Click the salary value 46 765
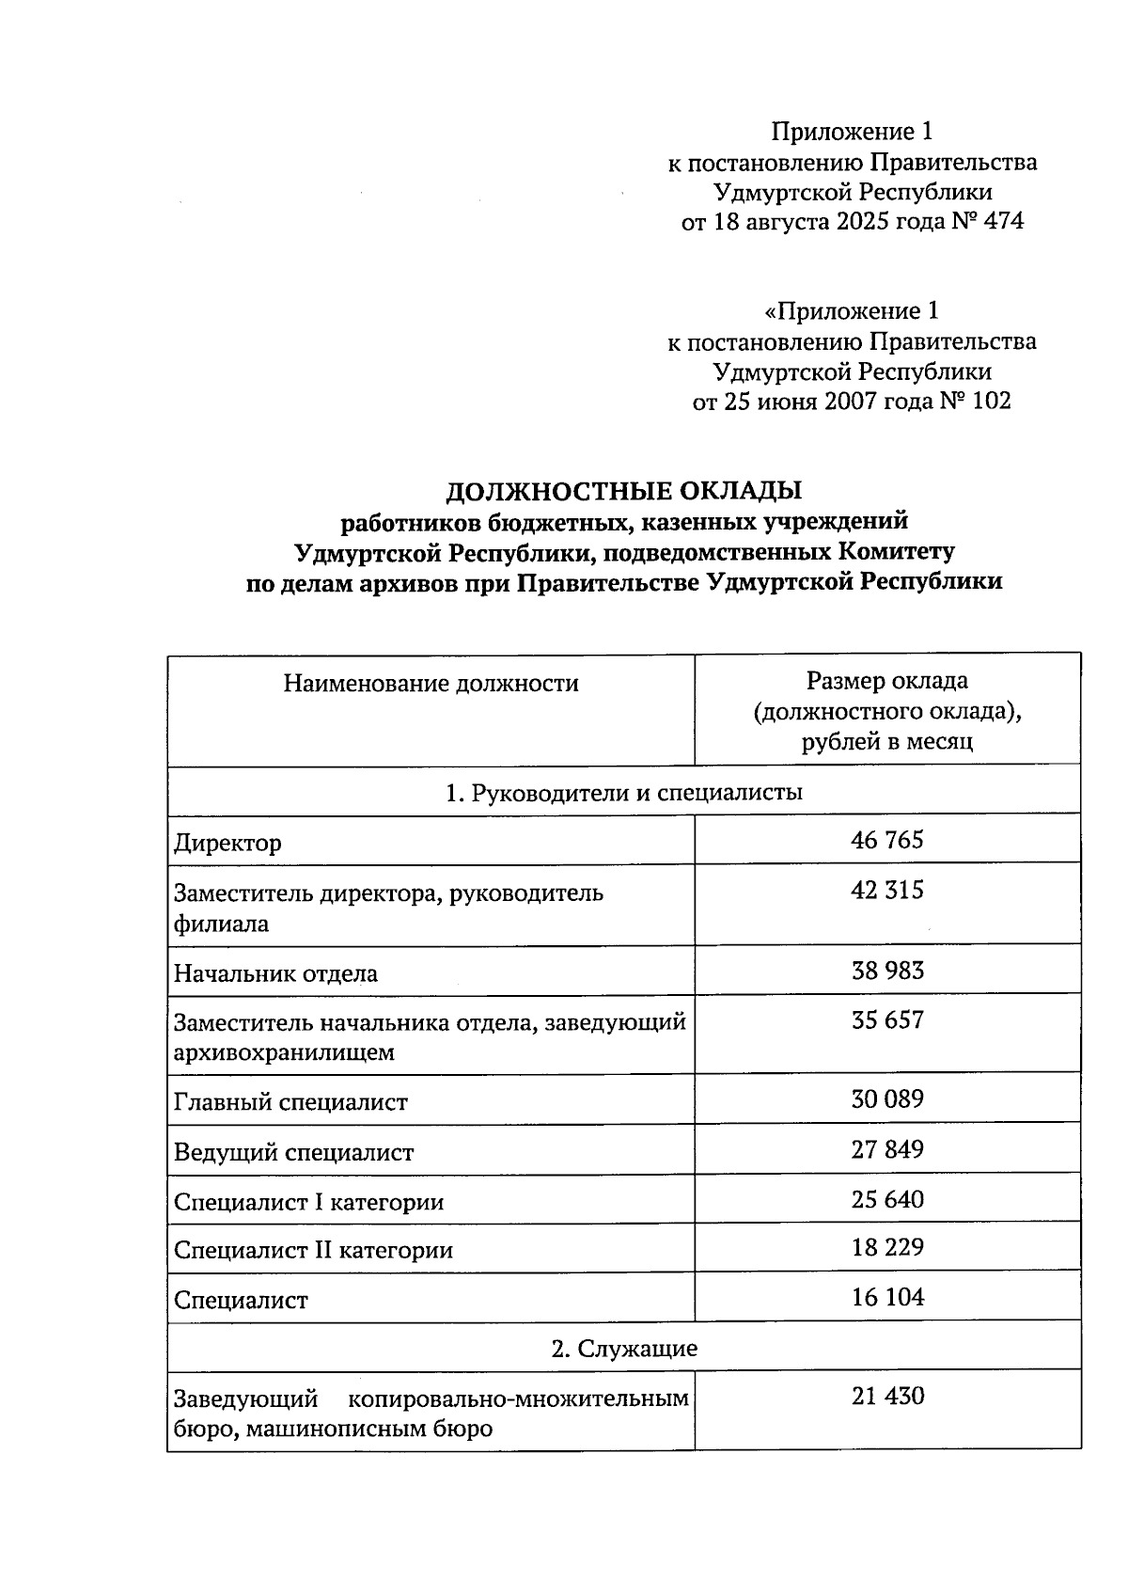click(x=886, y=839)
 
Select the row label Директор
click(x=227, y=843)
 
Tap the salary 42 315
click(x=886, y=890)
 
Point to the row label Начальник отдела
click(x=275, y=973)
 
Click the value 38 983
click(x=886, y=970)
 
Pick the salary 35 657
click(x=886, y=1019)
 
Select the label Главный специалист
click(x=290, y=1102)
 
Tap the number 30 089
click(x=886, y=1098)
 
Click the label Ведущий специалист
click(x=293, y=1152)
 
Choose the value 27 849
click(x=886, y=1149)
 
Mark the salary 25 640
click(x=886, y=1199)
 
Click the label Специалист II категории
click(x=313, y=1251)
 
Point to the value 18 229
click(x=886, y=1248)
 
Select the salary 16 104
click(x=886, y=1298)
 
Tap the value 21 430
click(x=886, y=1396)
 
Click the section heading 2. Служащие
click(x=623, y=1349)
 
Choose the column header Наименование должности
click(x=431, y=684)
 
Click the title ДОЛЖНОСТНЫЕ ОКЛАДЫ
click(x=623, y=491)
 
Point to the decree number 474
click(x=1002, y=222)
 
